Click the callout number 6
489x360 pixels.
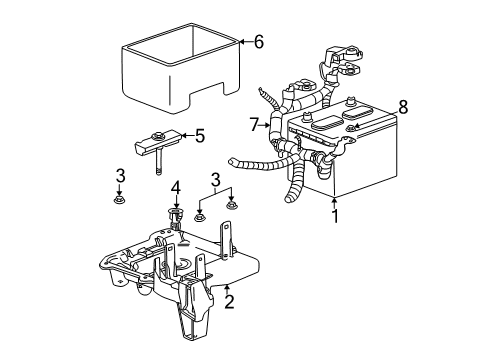[258, 42]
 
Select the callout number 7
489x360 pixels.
[257, 124]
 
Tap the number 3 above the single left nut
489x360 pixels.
[120, 177]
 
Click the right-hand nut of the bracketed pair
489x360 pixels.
[232, 205]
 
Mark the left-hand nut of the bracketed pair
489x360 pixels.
[200, 216]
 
